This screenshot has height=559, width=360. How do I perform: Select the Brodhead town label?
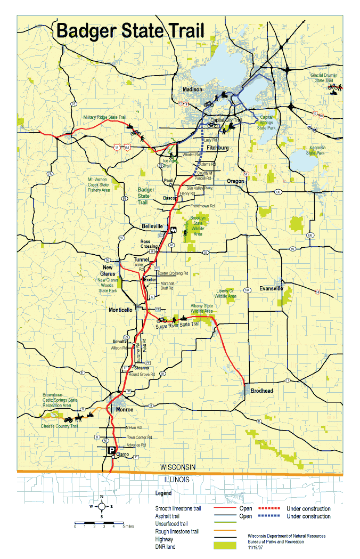click(x=261, y=391)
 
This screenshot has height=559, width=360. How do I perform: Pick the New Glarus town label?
click(x=108, y=270)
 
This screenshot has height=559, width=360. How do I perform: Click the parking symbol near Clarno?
click(x=112, y=451)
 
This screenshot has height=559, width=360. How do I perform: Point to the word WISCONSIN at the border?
click(x=178, y=467)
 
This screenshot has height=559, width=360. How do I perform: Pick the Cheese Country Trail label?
click(x=60, y=426)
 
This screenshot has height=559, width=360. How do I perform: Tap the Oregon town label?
click(x=235, y=181)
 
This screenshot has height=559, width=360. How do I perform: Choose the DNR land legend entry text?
click(x=165, y=546)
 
